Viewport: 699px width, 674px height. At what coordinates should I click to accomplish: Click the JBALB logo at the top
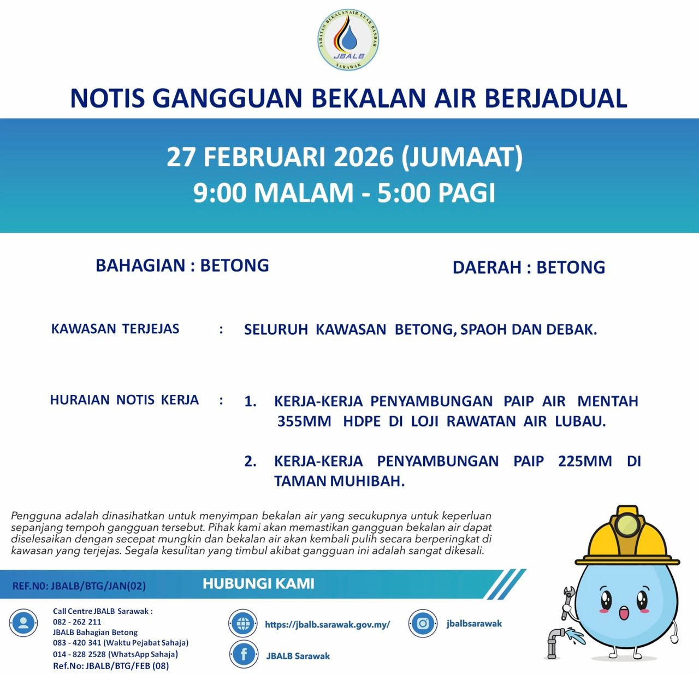pos(349,40)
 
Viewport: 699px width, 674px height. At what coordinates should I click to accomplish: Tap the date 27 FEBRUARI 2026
pos(280,157)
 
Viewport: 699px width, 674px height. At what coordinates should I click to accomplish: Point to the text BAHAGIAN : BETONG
pos(182,265)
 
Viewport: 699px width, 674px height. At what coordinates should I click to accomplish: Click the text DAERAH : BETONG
pos(529,268)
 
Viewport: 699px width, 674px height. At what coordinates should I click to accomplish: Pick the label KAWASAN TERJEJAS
pos(115,329)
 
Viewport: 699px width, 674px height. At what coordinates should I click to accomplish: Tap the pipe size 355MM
pos(304,422)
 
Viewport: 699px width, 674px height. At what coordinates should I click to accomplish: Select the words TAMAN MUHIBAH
pos(339,481)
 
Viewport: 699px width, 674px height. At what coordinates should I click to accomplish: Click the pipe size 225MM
pos(584,462)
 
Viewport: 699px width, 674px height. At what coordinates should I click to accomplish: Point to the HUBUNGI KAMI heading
pos(258,584)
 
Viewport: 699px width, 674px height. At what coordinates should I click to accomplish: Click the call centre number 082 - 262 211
pos(77,622)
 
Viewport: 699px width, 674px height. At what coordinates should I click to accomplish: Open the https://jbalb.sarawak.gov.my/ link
pos(327,624)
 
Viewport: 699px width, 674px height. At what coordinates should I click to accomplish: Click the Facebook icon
pos(244,654)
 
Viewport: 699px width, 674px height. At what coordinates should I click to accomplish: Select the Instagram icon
pos(422,623)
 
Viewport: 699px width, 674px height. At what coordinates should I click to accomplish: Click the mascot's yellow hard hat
pos(627,538)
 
